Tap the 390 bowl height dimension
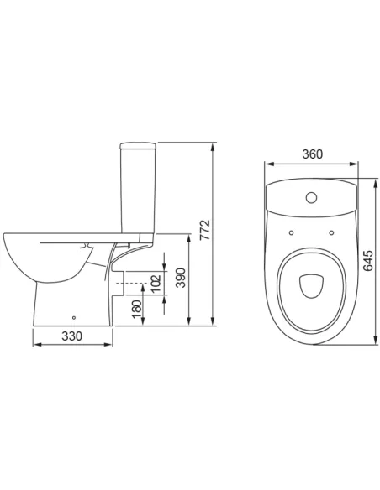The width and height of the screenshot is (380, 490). (181, 278)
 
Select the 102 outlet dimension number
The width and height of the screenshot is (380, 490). (156, 283)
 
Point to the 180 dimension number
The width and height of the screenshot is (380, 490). (137, 309)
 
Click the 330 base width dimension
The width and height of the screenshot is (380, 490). (72, 336)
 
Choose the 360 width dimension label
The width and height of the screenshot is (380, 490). (313, 154)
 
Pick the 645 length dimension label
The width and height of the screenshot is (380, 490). (367, 260)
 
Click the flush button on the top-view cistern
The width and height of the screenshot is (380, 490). (311, 197)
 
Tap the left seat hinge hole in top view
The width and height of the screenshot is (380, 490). (291, 232)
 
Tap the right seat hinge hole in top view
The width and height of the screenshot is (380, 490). (331, 232)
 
